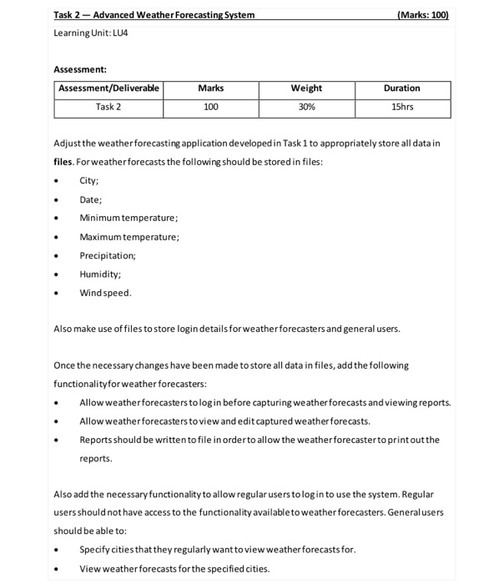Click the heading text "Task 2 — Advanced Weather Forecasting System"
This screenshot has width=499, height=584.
click(x=154, y=15)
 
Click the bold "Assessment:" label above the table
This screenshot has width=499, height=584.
click(x=80, y=70)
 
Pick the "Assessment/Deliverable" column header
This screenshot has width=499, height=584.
click(x=108, y=88)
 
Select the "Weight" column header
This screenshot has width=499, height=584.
click(x=306, y=88)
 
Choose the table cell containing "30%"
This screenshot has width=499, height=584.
click(x=306, y=107)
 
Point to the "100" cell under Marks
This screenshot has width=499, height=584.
click(x=211, y=107)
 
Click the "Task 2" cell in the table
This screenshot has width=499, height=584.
click(x=108, y=107)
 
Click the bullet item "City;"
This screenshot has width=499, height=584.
click(x=89, y=180)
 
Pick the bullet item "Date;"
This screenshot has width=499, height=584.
click(x=90, y=199)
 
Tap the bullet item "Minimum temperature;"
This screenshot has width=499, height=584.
click(x=129, y=218)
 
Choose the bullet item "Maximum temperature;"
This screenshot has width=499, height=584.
click(x=129, y=237)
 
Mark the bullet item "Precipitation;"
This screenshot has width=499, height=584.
click(x=108, y=255)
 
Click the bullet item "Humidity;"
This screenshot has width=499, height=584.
click(x=99, y=274)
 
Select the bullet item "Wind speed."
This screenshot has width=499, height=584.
click(x=105, y=293)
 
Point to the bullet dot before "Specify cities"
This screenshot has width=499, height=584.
click(x=56, y=550)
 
